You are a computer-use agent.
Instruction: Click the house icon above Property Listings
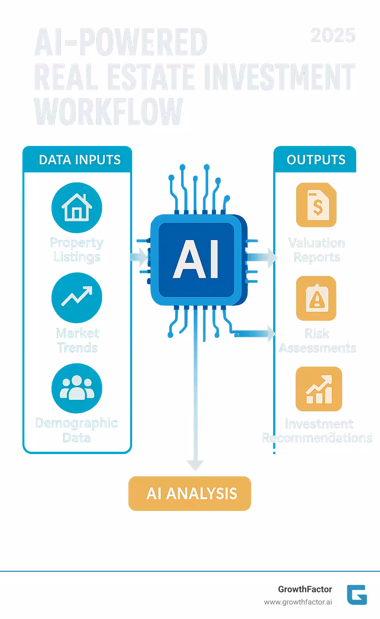click(x=76, y=207)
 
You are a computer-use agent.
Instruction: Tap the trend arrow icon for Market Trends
click(x=76, y=297)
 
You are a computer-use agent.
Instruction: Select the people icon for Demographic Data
click(x=76, y=388)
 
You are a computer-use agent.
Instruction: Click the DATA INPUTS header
click(x=79, y=160)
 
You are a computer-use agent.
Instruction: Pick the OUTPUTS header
click(x=316, y=160)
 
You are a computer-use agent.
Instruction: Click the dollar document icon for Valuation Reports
click(x=316, y=205)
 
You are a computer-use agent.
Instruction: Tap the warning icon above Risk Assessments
click(x=316, y=298)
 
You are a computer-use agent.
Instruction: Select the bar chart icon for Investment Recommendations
click(x=318, y=389)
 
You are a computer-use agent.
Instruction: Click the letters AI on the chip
click(x=196, y=259)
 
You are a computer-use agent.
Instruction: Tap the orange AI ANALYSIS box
click(x=190, y=493)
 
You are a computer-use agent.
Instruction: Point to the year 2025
click(x=333, y=36)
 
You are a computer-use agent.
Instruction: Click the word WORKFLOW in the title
click(x=109, y=112)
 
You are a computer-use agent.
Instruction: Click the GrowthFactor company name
click(x=305, y=589)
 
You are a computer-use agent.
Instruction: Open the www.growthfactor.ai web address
click(x=298, y=602)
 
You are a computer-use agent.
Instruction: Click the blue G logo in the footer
click(x=357, y=594)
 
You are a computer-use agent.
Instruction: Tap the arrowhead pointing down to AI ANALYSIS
click(x=195, y=465)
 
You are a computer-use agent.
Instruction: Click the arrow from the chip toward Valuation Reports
click(x=263, y=257)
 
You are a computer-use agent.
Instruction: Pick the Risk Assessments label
click(x=317, y=340)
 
